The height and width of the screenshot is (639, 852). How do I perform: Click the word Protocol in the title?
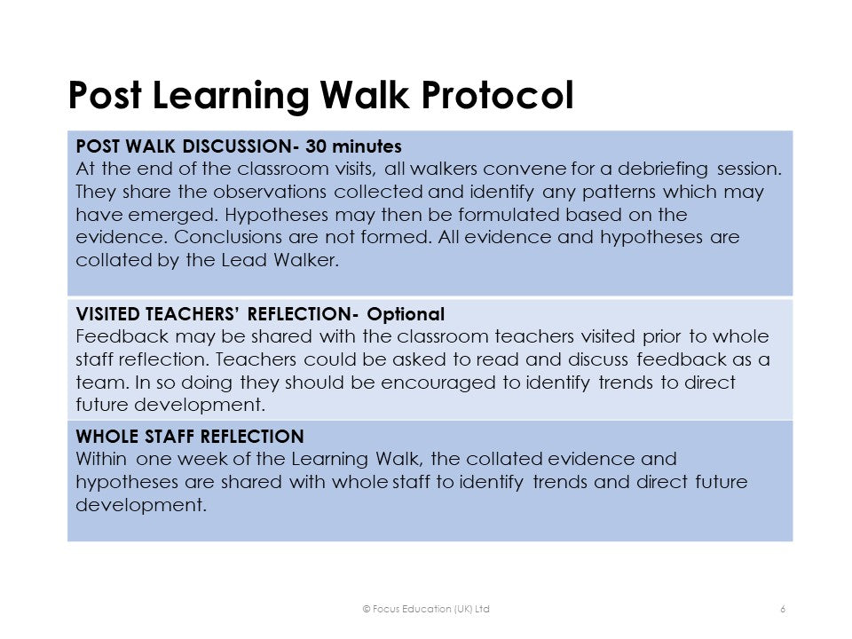(x=497, y=95)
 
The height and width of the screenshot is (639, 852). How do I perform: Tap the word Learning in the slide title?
(x=231, y=97)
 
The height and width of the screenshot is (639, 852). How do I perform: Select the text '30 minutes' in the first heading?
(x=353, y=146)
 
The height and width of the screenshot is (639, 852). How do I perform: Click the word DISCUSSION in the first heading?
(x=237, y=146)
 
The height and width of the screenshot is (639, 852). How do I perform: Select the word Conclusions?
(x=228, y=238)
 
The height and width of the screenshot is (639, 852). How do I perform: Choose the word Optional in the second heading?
(x=406, y=314)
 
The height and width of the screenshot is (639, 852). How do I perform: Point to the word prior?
(x=661, y=337)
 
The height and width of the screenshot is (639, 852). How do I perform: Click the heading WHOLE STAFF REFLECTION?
(x=190, y=437)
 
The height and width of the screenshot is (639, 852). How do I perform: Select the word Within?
(x=101, y=459)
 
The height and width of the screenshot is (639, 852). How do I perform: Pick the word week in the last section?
(x=201, y=459)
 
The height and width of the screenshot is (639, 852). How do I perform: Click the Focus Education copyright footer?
(x=426, y=609)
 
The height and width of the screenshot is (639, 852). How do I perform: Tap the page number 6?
(x=783, y=609)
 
